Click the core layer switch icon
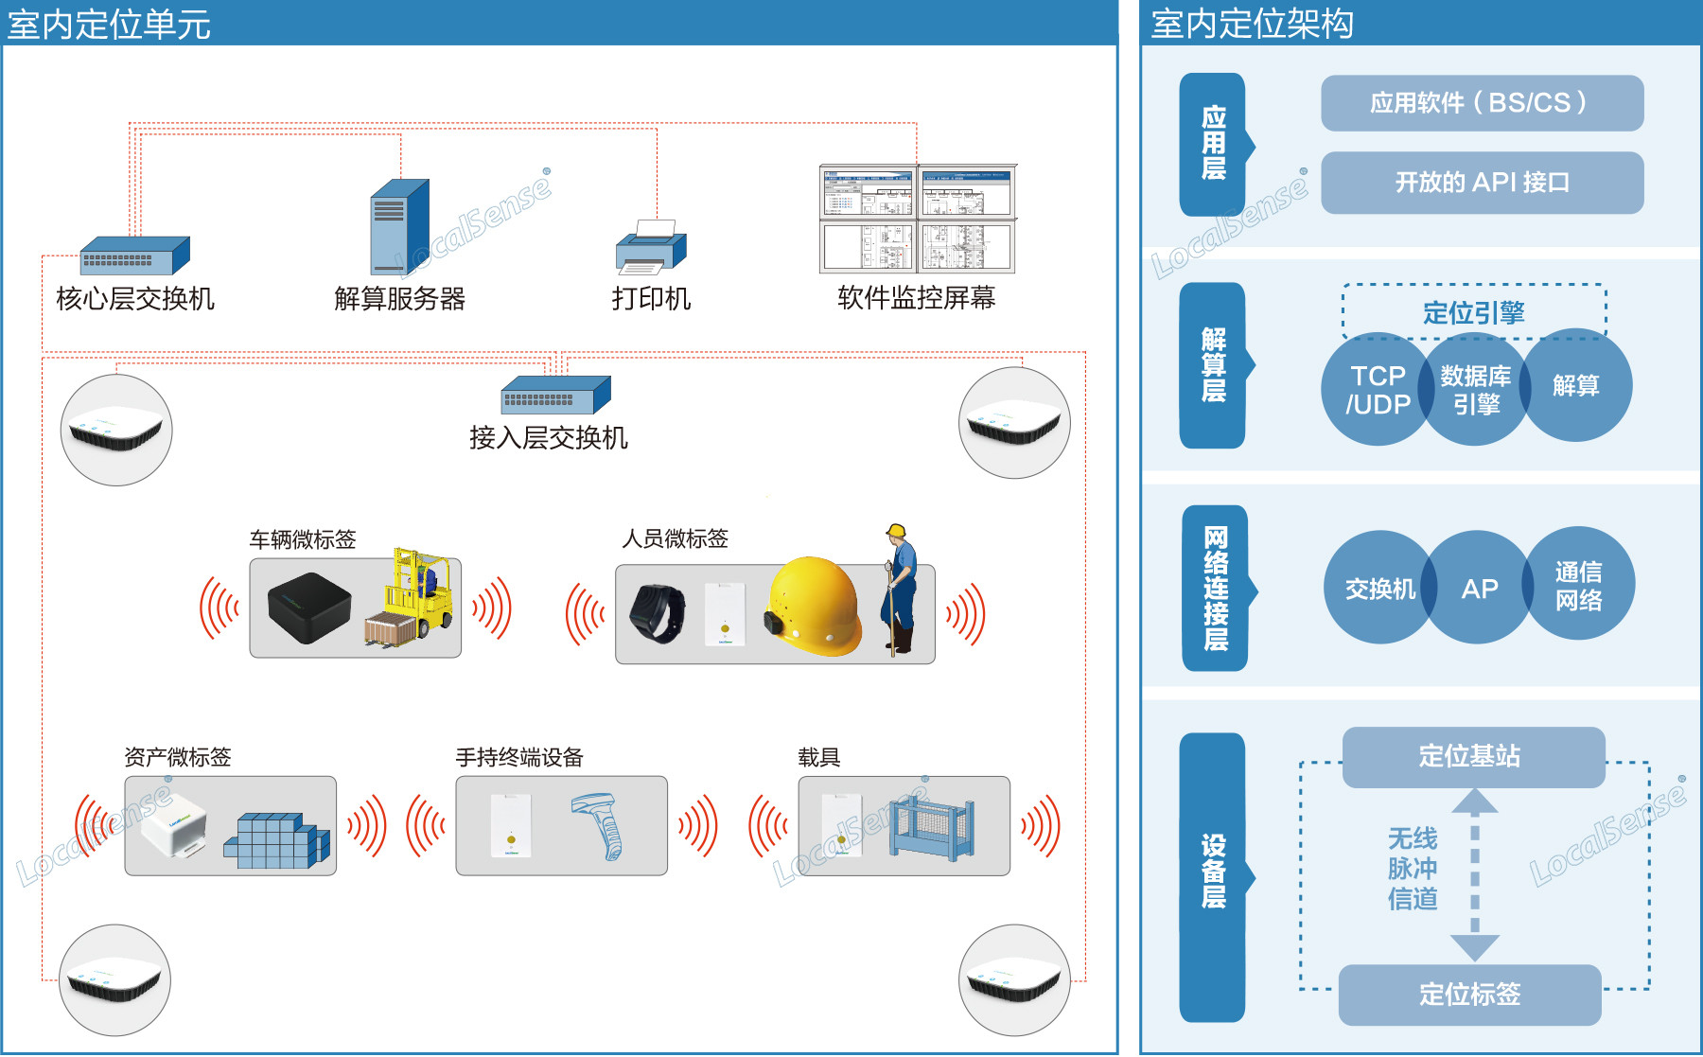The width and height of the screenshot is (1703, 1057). pyautogui.click(x=134, y=256)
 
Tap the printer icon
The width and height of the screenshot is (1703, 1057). pyautogui.click(x=651, y=248)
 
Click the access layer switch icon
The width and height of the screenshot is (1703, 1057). pyautogui.click(x=555, y=395)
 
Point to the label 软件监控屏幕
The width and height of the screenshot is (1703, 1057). pyautogui.click(x=916, y=298)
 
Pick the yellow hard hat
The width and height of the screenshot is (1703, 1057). pyautogui.click(x=815, y=606)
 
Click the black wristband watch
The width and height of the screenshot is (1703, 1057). pyautogui.click(x=658, y=613)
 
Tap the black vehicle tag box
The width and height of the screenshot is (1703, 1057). pyautogui.click(x=308, y=608)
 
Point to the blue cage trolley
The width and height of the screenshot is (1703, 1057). pyautogui.click(x=931, y=826)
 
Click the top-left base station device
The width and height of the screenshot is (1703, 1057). pyautogui.click(x=116, y=431)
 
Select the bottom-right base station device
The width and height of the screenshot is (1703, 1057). pyautogui.click(x=1014, y=980)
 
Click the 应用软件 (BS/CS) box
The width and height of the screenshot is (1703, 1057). pyautogui.click(x=1482, y=103)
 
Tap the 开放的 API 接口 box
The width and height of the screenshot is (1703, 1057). pyautogui.click(x=1482, y=183)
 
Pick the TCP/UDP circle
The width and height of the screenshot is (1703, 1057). pyautogui.click(x=1377, y=390)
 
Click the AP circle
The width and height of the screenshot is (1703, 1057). pyautogui.click(x=1479, y=589)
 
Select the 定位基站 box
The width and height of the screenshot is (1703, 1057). pyautogui.click(x=1473, y=757)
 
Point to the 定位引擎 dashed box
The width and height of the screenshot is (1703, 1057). pyautogui.click(x=1473, y=311)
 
